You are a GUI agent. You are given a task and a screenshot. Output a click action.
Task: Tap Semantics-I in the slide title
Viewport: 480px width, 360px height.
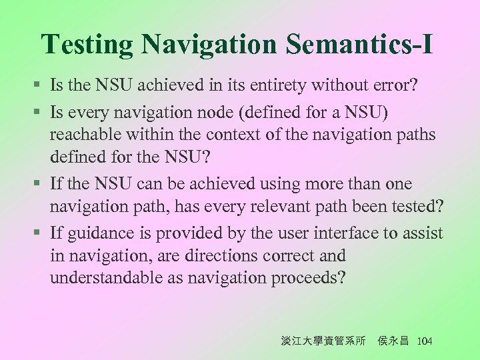(x=360, y=45)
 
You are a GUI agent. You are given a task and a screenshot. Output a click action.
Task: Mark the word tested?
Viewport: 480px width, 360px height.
(x=417, y=207)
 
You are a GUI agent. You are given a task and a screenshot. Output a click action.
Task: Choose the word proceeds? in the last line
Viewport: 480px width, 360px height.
(x=309, y=279)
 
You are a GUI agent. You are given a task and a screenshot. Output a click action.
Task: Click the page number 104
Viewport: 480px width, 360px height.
(x=424, y=341)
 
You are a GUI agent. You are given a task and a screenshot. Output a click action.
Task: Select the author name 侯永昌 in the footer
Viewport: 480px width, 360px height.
(x=393, y=341)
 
